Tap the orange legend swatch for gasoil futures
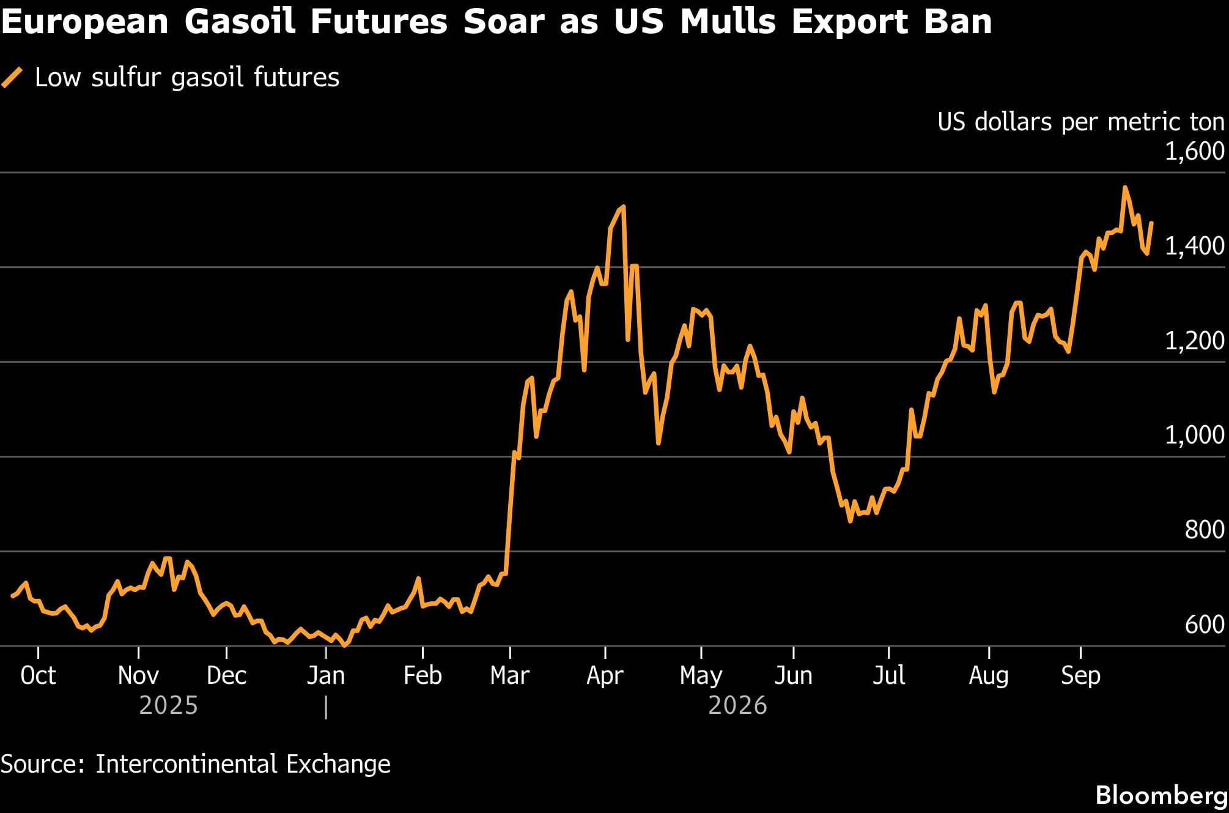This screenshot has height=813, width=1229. (x=12, y=78)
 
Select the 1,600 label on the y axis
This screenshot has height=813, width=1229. (x=1194, y=151)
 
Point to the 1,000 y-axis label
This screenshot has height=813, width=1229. (x=1194, y=435)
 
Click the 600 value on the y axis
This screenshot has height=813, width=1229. (x=1205, y=625)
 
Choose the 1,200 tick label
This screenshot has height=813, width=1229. (x=1194, y=341)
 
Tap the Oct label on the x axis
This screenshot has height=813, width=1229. (x=38, y=675)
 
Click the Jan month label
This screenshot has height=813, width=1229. (x=326, y=675)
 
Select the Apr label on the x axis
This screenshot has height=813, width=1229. (x=605, y=676)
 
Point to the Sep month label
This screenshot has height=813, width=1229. (x=1080, y=676)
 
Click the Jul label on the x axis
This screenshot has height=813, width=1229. (x=888, y=675)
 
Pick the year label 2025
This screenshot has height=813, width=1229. (x=169, y=705)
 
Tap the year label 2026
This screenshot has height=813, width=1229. (x=737, y=705)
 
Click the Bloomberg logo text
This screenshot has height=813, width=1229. (x=1162, y=795)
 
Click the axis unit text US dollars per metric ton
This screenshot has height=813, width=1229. (x=1081, y=122)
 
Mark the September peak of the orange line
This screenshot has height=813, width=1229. (x=1124, y=187)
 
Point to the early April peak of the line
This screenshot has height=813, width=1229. (x=623, y=207)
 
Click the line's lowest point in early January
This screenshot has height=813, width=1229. (x=345, y=645)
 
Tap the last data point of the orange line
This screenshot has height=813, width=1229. (x=1152, y=223)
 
